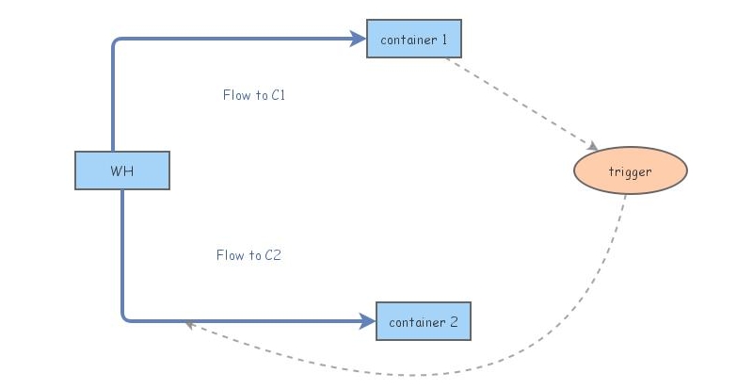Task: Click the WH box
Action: click(122, 170)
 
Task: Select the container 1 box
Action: click(414, 39)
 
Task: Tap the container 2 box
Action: click(423, 321)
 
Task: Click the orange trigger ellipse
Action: click(631, 170)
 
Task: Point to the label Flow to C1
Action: click(253, 95)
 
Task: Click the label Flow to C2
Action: click(248, 255)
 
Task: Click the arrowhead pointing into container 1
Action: click(359, 39)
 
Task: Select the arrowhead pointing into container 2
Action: click(368, 321)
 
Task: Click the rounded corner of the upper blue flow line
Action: click(116, 42)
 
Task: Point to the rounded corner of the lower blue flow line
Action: click(125, 317)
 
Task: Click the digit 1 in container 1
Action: click(444, 40)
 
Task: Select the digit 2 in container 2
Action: click(453, 322)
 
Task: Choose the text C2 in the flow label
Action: click(273, 255)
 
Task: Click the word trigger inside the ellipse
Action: click(631, 171)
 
